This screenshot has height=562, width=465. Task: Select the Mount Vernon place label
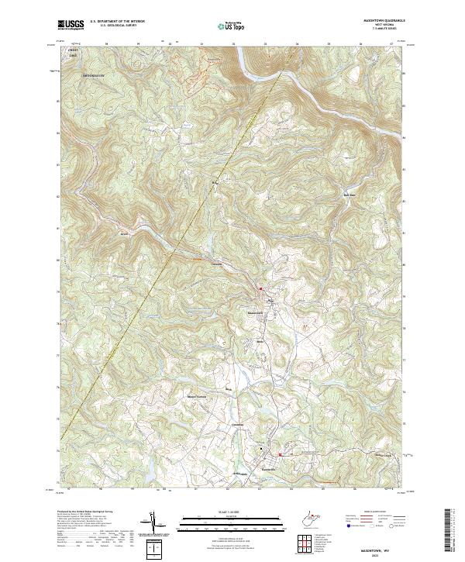point(197,396)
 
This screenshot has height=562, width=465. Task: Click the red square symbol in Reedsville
point(280,456)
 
